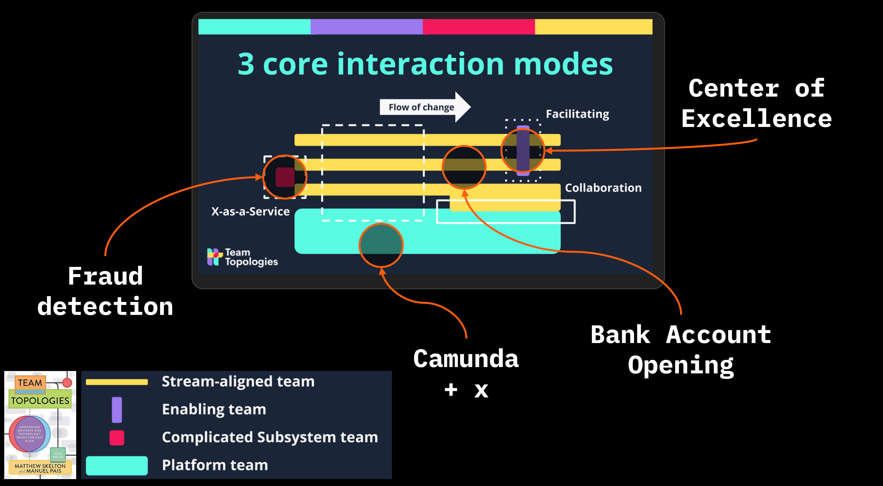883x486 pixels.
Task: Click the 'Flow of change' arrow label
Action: (x=421, y=107)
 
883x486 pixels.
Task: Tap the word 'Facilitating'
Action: (x=577, y=114)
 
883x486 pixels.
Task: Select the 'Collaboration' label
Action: (x=603, y=188)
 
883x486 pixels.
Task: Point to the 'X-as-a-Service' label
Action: (x=250, y=211)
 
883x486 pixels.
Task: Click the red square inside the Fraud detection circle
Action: (x=285, y=177)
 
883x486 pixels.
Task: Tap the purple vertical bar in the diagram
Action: (x=523, y=151)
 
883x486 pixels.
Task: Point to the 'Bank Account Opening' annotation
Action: (x=681, y=350)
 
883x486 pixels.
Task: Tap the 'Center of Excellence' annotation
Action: (x=757, y=103)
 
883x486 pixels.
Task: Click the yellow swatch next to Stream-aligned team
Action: (x=116, y=382)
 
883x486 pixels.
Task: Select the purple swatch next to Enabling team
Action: (x=117, y=410)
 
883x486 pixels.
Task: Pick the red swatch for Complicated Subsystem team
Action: (x=117, y=438)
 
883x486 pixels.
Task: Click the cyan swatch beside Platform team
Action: (x=116, y=465)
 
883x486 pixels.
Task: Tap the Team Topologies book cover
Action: (x=40, y=425)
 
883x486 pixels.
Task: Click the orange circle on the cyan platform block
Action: (x=381, y=245)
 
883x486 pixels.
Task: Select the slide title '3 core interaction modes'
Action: (x=425, y=64)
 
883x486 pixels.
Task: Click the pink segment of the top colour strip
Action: (x=479, y=27)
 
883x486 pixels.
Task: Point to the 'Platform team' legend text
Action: (x=215, y=465)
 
